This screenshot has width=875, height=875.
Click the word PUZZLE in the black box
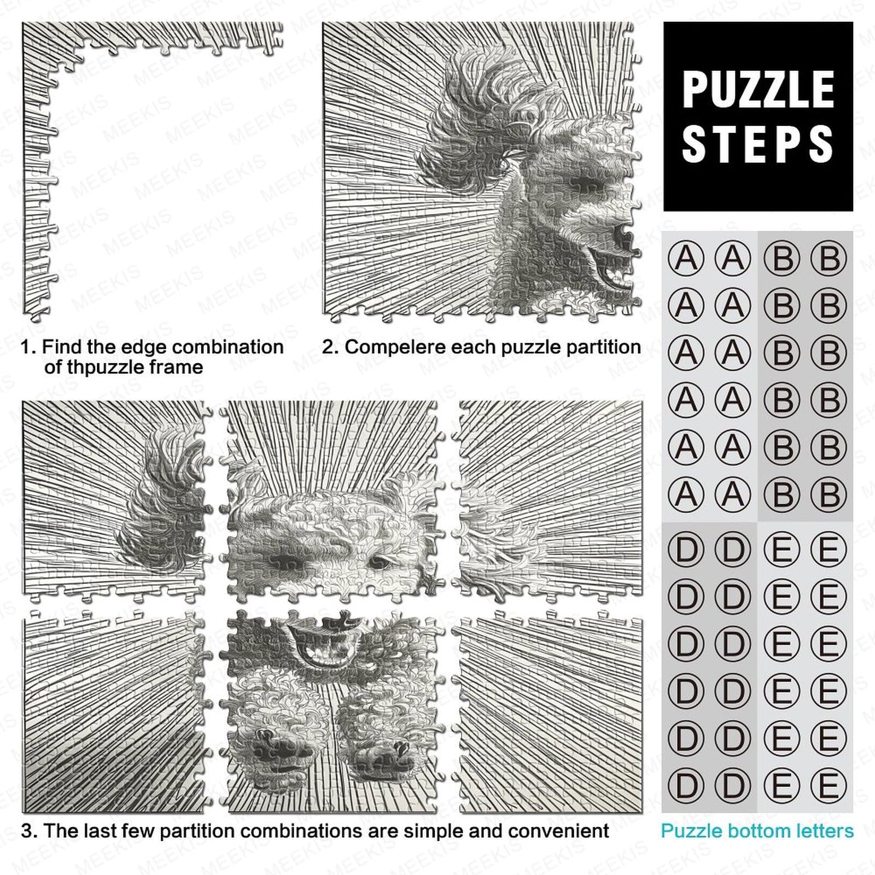coord(758,90)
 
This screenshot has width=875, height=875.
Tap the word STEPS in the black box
coord(758,143)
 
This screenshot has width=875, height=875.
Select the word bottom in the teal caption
coord(757,831)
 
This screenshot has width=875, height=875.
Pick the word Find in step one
coord(60,347)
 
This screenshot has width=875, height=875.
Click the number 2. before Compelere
coord(330,347)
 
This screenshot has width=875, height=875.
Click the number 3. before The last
coord(30,831)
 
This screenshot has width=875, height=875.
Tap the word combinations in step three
coord(314,831)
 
